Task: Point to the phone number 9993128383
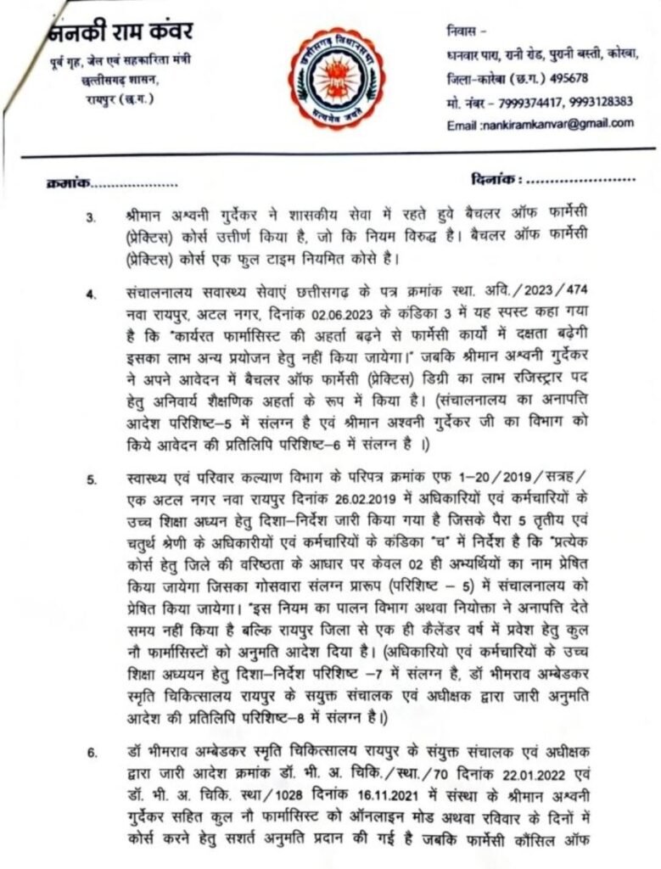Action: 602,101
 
